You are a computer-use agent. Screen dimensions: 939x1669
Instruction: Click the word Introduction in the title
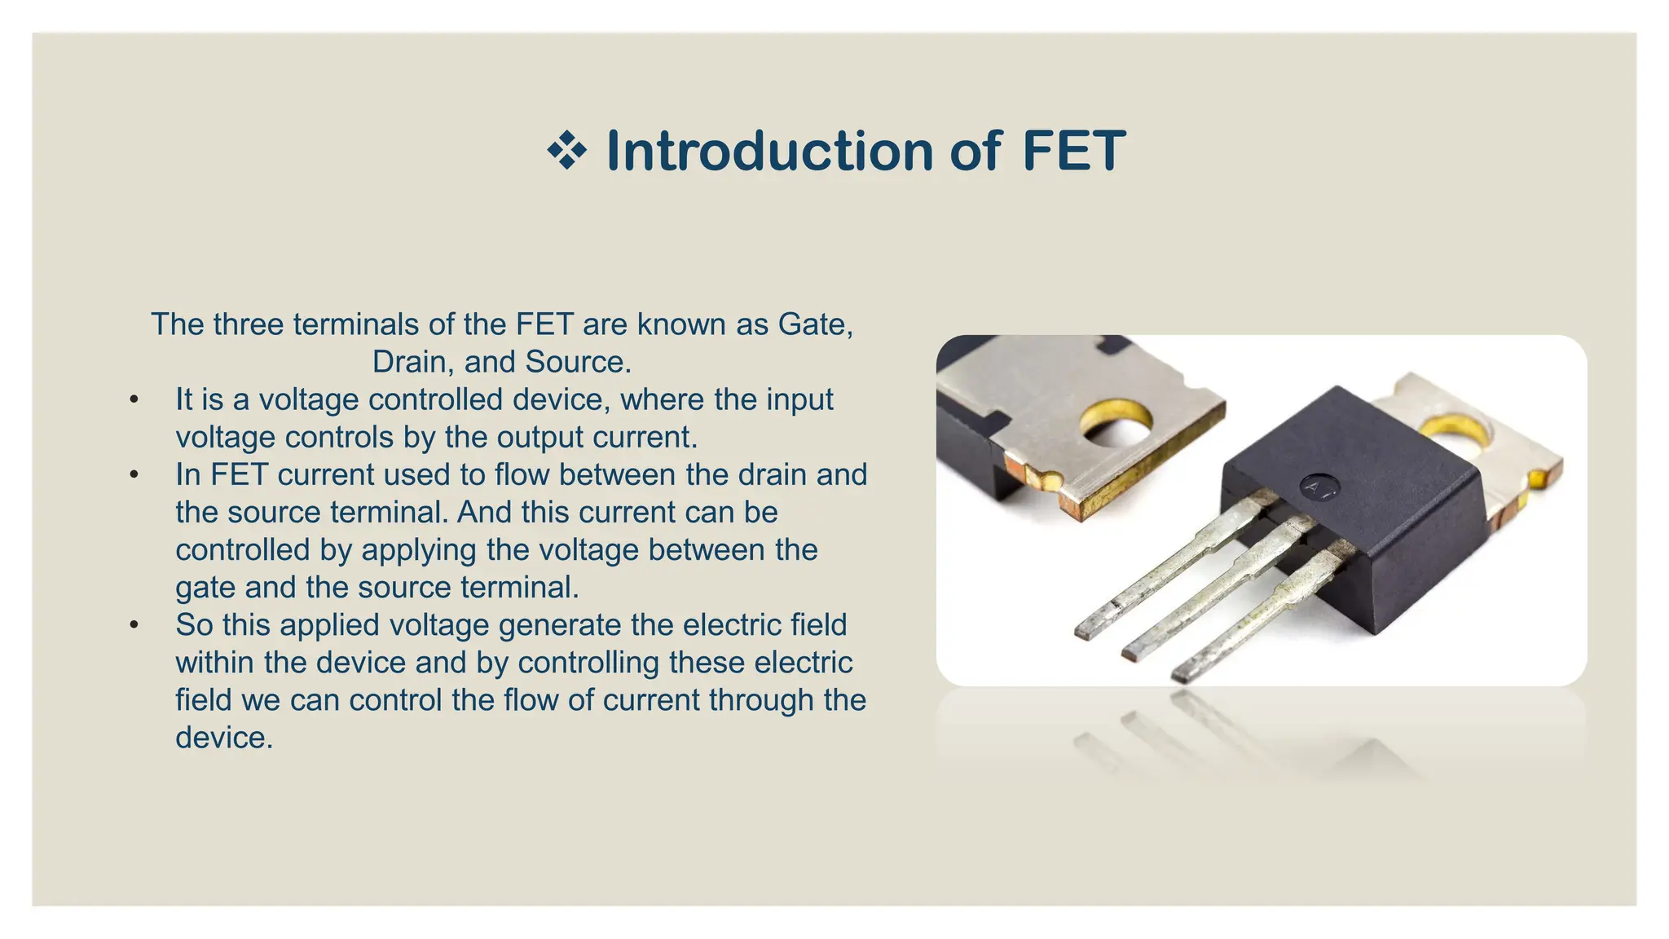coord(769,152)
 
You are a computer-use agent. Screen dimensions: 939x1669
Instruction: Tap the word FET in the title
coord(1073,152)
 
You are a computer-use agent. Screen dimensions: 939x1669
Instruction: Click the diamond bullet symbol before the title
coord(566,152)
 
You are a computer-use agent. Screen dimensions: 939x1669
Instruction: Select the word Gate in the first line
coord(814,324)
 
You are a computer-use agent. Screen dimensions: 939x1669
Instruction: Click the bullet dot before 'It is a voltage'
coord(134,400)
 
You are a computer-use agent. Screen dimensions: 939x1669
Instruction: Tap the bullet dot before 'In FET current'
coord(134,475)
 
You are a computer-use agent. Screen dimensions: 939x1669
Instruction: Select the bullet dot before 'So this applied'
coord(134,625)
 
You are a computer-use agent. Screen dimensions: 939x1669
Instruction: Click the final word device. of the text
coord(224,738)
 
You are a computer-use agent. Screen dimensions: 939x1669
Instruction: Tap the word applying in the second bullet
coord(419,550)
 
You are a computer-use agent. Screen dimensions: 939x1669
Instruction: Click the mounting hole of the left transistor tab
coord(1117,423)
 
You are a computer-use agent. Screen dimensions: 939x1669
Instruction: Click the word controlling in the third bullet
coord(588,663)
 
